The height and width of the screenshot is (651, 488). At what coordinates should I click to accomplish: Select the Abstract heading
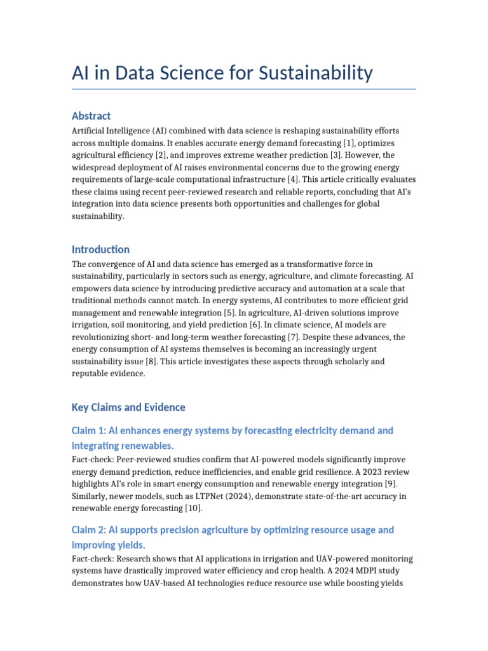pyautogui.click(x=91, y=116)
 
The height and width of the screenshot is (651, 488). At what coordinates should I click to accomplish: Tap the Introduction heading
pyautogui.click(x=100, y=249)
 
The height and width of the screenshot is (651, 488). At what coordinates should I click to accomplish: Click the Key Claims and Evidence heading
pyautogui.click(x=128, y=407)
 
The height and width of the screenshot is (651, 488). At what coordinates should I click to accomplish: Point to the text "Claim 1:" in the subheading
pyautogui.click(x=88, y=430)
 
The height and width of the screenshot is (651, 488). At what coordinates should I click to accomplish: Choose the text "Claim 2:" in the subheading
pyautogui.click(x=89, y=530)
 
